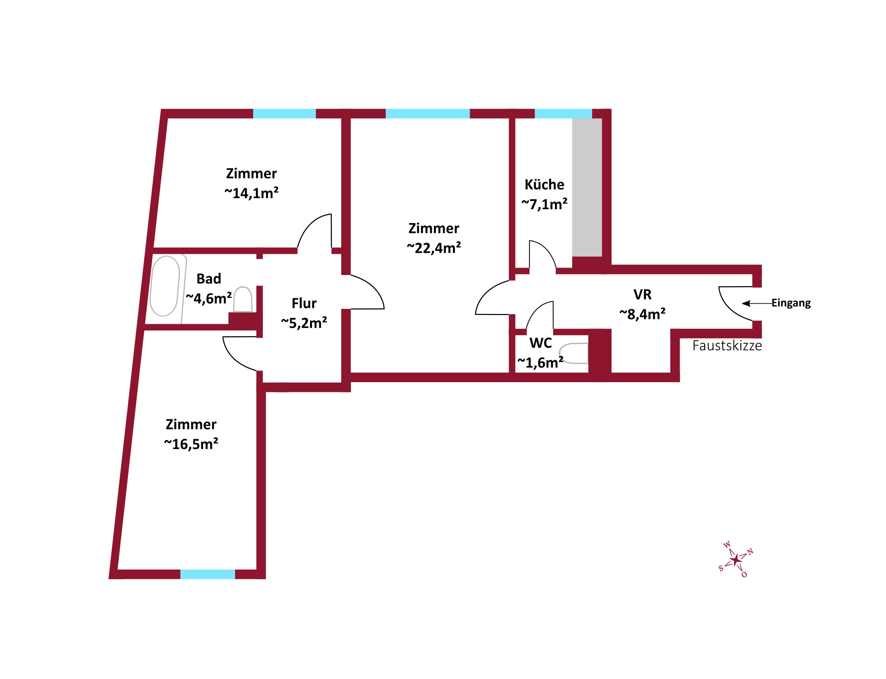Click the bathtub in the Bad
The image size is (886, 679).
pos(165,286)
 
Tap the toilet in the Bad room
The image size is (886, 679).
pos(243,299)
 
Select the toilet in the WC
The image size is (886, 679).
pos(574,353)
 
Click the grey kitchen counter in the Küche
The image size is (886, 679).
pos(586,187)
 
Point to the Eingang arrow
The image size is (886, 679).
pos(757,303)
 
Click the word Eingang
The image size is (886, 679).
pos(791,303)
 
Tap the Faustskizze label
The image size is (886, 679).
pos(727,346)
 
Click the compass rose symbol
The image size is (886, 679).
pos(736,559)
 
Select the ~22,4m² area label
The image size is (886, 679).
pos(434,248)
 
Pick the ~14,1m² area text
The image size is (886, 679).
pos(251,193)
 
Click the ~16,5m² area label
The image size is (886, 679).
pos(191,444)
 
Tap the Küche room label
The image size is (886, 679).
pos(544,185)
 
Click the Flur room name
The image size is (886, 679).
pos(304,303)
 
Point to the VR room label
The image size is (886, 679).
pos(643,295)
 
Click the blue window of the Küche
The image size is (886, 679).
pos(563,114)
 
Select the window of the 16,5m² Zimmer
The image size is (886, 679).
pos(208,574)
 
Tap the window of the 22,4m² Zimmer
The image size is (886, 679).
pos(427,114)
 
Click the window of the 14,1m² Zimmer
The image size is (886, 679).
pos(284,114)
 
